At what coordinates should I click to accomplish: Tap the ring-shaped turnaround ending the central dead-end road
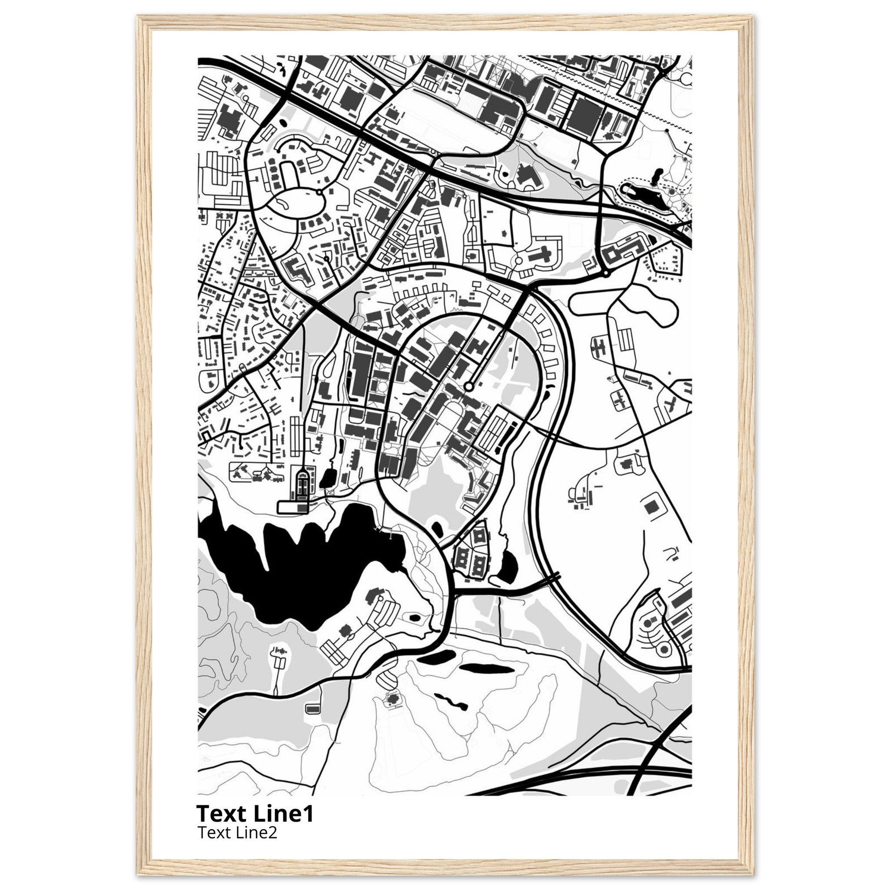[x=468, y=386]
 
